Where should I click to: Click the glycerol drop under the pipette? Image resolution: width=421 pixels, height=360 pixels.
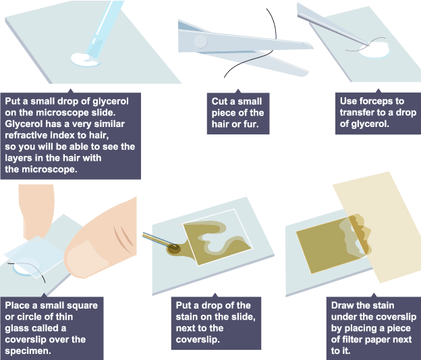(x=84, y=59)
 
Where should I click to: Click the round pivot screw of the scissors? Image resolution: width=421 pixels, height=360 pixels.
(x=200, y=41)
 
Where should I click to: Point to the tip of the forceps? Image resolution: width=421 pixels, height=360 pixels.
(x=368, y=45)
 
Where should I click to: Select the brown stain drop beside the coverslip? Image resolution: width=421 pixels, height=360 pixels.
(x=173, y=249)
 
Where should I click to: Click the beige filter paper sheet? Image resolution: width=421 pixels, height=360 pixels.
(x=377, y=227)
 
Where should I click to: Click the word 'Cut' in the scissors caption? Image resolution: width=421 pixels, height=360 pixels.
(x=219, y=101)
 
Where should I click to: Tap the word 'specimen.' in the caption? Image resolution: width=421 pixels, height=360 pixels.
(x=28, y=351)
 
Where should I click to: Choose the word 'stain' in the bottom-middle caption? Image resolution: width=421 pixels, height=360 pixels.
(x=187, y=317)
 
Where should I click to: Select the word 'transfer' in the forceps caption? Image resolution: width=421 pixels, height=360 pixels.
(x=357, y=112)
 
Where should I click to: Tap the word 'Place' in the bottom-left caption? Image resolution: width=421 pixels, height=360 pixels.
(x=18, y=305)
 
